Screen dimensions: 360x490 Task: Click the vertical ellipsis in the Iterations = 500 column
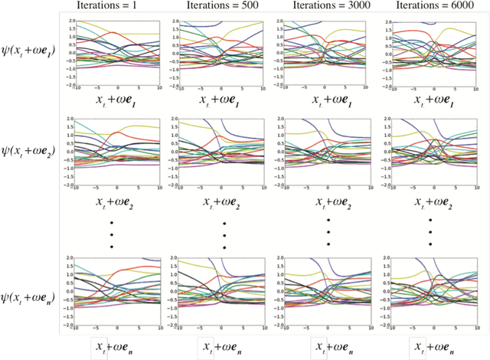click(224, 234)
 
